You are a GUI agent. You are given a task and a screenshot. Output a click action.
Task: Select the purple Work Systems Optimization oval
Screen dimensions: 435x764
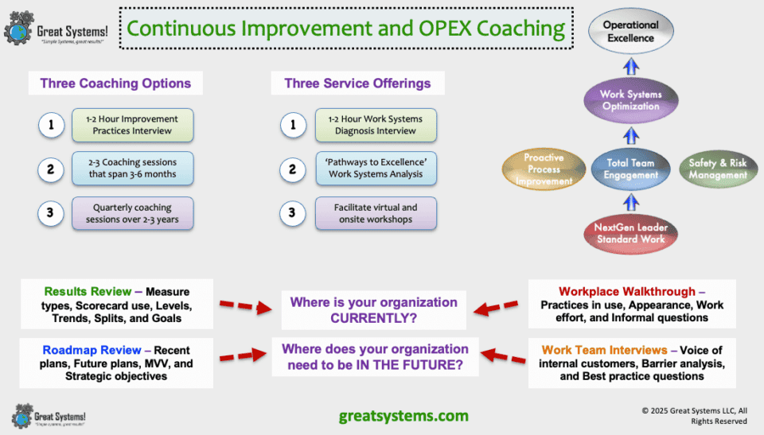pos(630,100)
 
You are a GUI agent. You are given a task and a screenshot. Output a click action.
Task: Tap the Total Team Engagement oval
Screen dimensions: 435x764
pos(630,169)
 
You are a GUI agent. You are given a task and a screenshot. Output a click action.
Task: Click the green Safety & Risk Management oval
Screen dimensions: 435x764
pos(717,169)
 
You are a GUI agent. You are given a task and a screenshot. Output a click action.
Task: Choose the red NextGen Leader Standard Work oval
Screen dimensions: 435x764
pos(630,233)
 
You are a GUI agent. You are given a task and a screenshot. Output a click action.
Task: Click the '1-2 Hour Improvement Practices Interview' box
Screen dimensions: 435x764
pos(132,125)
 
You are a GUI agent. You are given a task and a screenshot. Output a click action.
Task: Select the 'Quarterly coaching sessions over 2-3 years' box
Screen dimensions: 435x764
pos(132,213)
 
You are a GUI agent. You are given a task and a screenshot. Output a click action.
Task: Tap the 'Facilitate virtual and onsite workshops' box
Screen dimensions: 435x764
pos(375,213)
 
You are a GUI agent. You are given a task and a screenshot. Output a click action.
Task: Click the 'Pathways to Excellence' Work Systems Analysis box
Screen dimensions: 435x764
pos(375,169)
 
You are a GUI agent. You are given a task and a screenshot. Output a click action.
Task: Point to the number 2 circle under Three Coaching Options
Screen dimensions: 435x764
pos(50,169)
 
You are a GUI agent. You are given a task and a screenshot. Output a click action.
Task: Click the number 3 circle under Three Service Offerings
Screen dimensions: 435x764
pos(292,213)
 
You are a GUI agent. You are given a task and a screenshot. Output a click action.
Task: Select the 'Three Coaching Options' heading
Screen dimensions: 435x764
pos(115,84)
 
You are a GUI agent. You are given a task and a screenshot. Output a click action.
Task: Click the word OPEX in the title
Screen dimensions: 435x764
pos(444,29)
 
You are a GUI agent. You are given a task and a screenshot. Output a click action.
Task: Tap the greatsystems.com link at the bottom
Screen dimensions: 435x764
pos(403,415)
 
